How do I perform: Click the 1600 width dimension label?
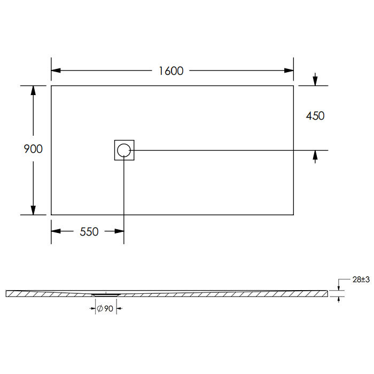click(x=171, y=71)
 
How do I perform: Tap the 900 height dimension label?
click(x=33, y=149)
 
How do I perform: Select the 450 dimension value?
click(x=315, y=116)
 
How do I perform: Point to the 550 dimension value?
click(x=89, y=231)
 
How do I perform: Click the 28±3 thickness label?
click(x=361, y=279)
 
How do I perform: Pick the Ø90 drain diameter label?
click(x=105, y=309)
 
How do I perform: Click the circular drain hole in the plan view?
click(x=124, y=150)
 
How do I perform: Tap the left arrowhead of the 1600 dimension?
click(x=56, y=71)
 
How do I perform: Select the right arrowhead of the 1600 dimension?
click(x=289, y=71)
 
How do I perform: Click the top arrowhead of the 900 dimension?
click(x=33, y=90)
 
